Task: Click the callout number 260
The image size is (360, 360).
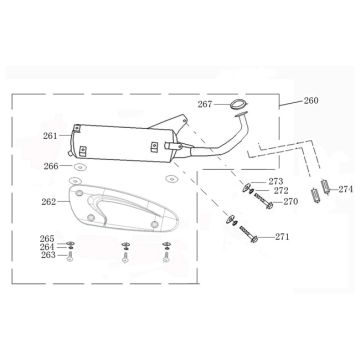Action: click(311, 101)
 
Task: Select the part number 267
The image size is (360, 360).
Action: click(205, 103)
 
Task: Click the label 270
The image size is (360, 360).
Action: click(291, 201)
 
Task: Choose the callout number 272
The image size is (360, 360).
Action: click(281, 191)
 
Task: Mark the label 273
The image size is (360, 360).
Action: click(276, 182)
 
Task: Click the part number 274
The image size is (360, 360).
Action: click(345, 188)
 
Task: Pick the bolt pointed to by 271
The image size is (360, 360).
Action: click(252, 237)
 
